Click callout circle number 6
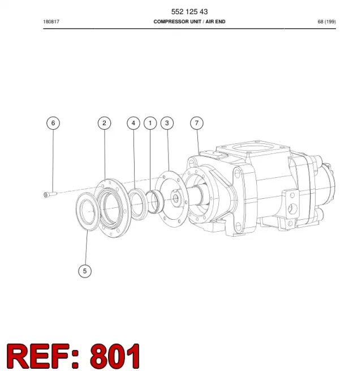tap(53, 123)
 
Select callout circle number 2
tap(104, 123)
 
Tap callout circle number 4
tap(133, 123)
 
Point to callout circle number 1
tap(150, 123)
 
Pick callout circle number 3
tap(167, 123)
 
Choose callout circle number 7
tap(197, 123)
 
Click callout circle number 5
tap(85, 271)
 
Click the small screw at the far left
tap(50, 194)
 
